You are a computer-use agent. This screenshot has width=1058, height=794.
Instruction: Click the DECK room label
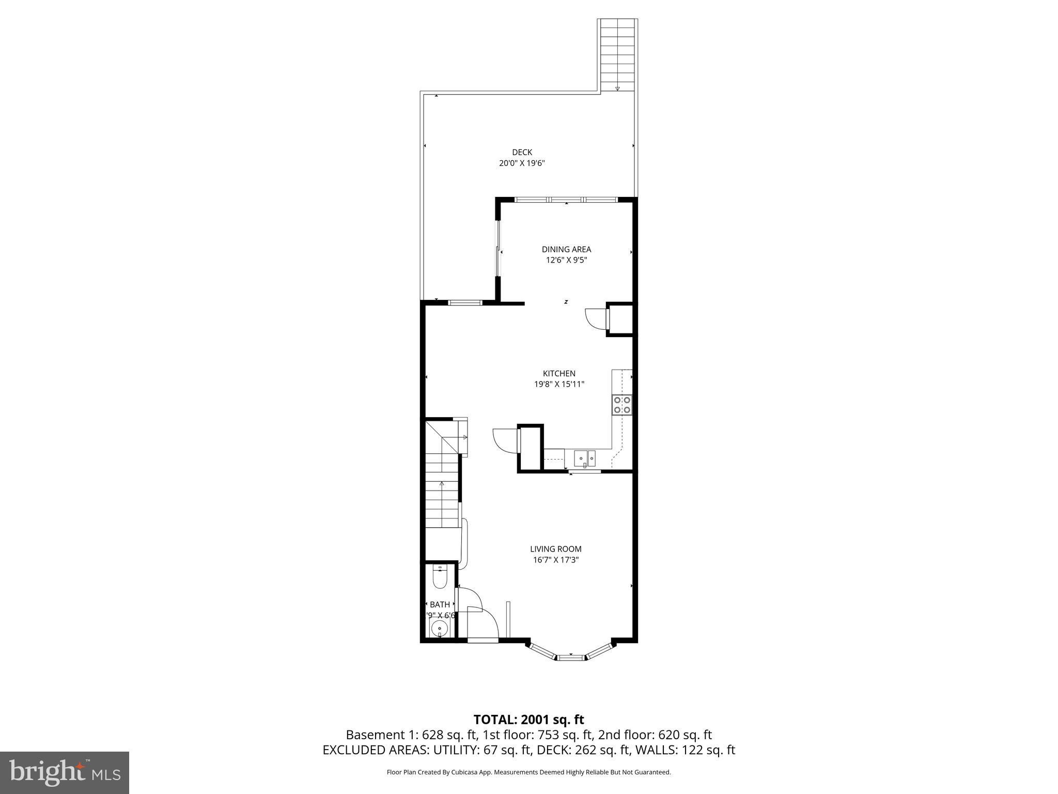[522, 152]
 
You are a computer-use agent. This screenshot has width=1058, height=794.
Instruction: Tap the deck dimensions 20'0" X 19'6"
[522, 163]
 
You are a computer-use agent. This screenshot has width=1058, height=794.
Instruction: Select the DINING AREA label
[566, 249]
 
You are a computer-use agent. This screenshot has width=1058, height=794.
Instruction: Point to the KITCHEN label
[559, 373]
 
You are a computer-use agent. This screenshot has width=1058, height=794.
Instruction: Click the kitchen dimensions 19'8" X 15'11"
[559, 384]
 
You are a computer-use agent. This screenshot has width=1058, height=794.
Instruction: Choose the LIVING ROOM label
[555, 549]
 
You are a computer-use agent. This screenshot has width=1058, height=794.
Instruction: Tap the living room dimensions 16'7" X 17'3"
[555, 560]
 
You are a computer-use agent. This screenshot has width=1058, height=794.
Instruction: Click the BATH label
[440, 604]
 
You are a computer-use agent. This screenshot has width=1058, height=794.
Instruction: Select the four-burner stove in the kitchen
[622, 405]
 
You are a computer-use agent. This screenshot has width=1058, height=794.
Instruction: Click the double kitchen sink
[585, 457]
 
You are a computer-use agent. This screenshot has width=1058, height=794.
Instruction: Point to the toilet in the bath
[440, 578]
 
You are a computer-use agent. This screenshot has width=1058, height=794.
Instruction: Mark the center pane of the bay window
[571, 658]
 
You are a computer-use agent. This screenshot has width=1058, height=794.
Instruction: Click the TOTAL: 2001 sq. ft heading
[528, 720]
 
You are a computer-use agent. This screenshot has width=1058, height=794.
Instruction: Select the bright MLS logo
[65, 772]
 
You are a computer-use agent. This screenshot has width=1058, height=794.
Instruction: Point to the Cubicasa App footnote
[528, 772]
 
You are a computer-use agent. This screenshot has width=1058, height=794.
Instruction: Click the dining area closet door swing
[595, 319]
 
